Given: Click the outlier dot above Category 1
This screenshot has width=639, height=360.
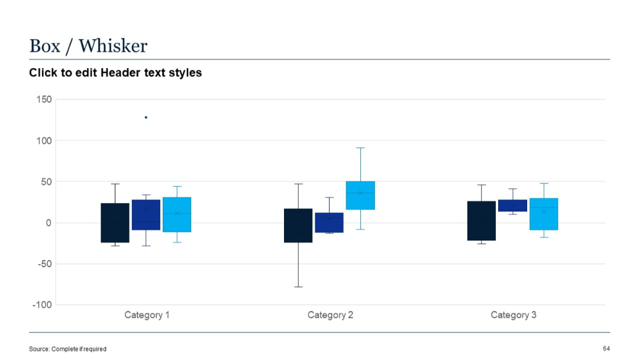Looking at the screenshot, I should (146, 117).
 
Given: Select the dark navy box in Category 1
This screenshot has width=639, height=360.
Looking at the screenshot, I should (115, 223).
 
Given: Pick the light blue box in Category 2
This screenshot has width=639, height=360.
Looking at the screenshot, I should (360, 195).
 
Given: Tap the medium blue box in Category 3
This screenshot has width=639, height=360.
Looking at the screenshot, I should (512, 205).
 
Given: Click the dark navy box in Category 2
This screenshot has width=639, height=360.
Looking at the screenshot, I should (298, 225).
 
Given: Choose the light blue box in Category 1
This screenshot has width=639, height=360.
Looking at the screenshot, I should (177, 214).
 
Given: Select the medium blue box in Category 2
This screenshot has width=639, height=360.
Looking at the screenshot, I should (329, 223).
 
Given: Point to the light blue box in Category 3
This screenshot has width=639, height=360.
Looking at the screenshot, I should (544, 214).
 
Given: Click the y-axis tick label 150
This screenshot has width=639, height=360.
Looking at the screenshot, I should (44, 99).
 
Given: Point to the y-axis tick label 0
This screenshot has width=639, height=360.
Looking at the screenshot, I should (49, 223).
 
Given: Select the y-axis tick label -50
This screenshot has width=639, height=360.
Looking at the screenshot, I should (44, 264).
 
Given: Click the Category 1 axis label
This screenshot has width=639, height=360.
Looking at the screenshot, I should (147, 315).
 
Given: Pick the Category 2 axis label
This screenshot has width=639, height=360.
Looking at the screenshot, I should (330, 315).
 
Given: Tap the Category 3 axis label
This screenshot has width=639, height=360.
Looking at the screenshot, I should (514, 315).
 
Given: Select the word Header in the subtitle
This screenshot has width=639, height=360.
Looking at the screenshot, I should (119, 73).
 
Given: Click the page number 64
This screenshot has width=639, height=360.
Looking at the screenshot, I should (606, 348).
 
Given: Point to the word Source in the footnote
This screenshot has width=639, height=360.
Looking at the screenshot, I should (39, 349).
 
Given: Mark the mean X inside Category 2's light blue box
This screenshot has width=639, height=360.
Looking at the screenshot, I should (360, 192).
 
